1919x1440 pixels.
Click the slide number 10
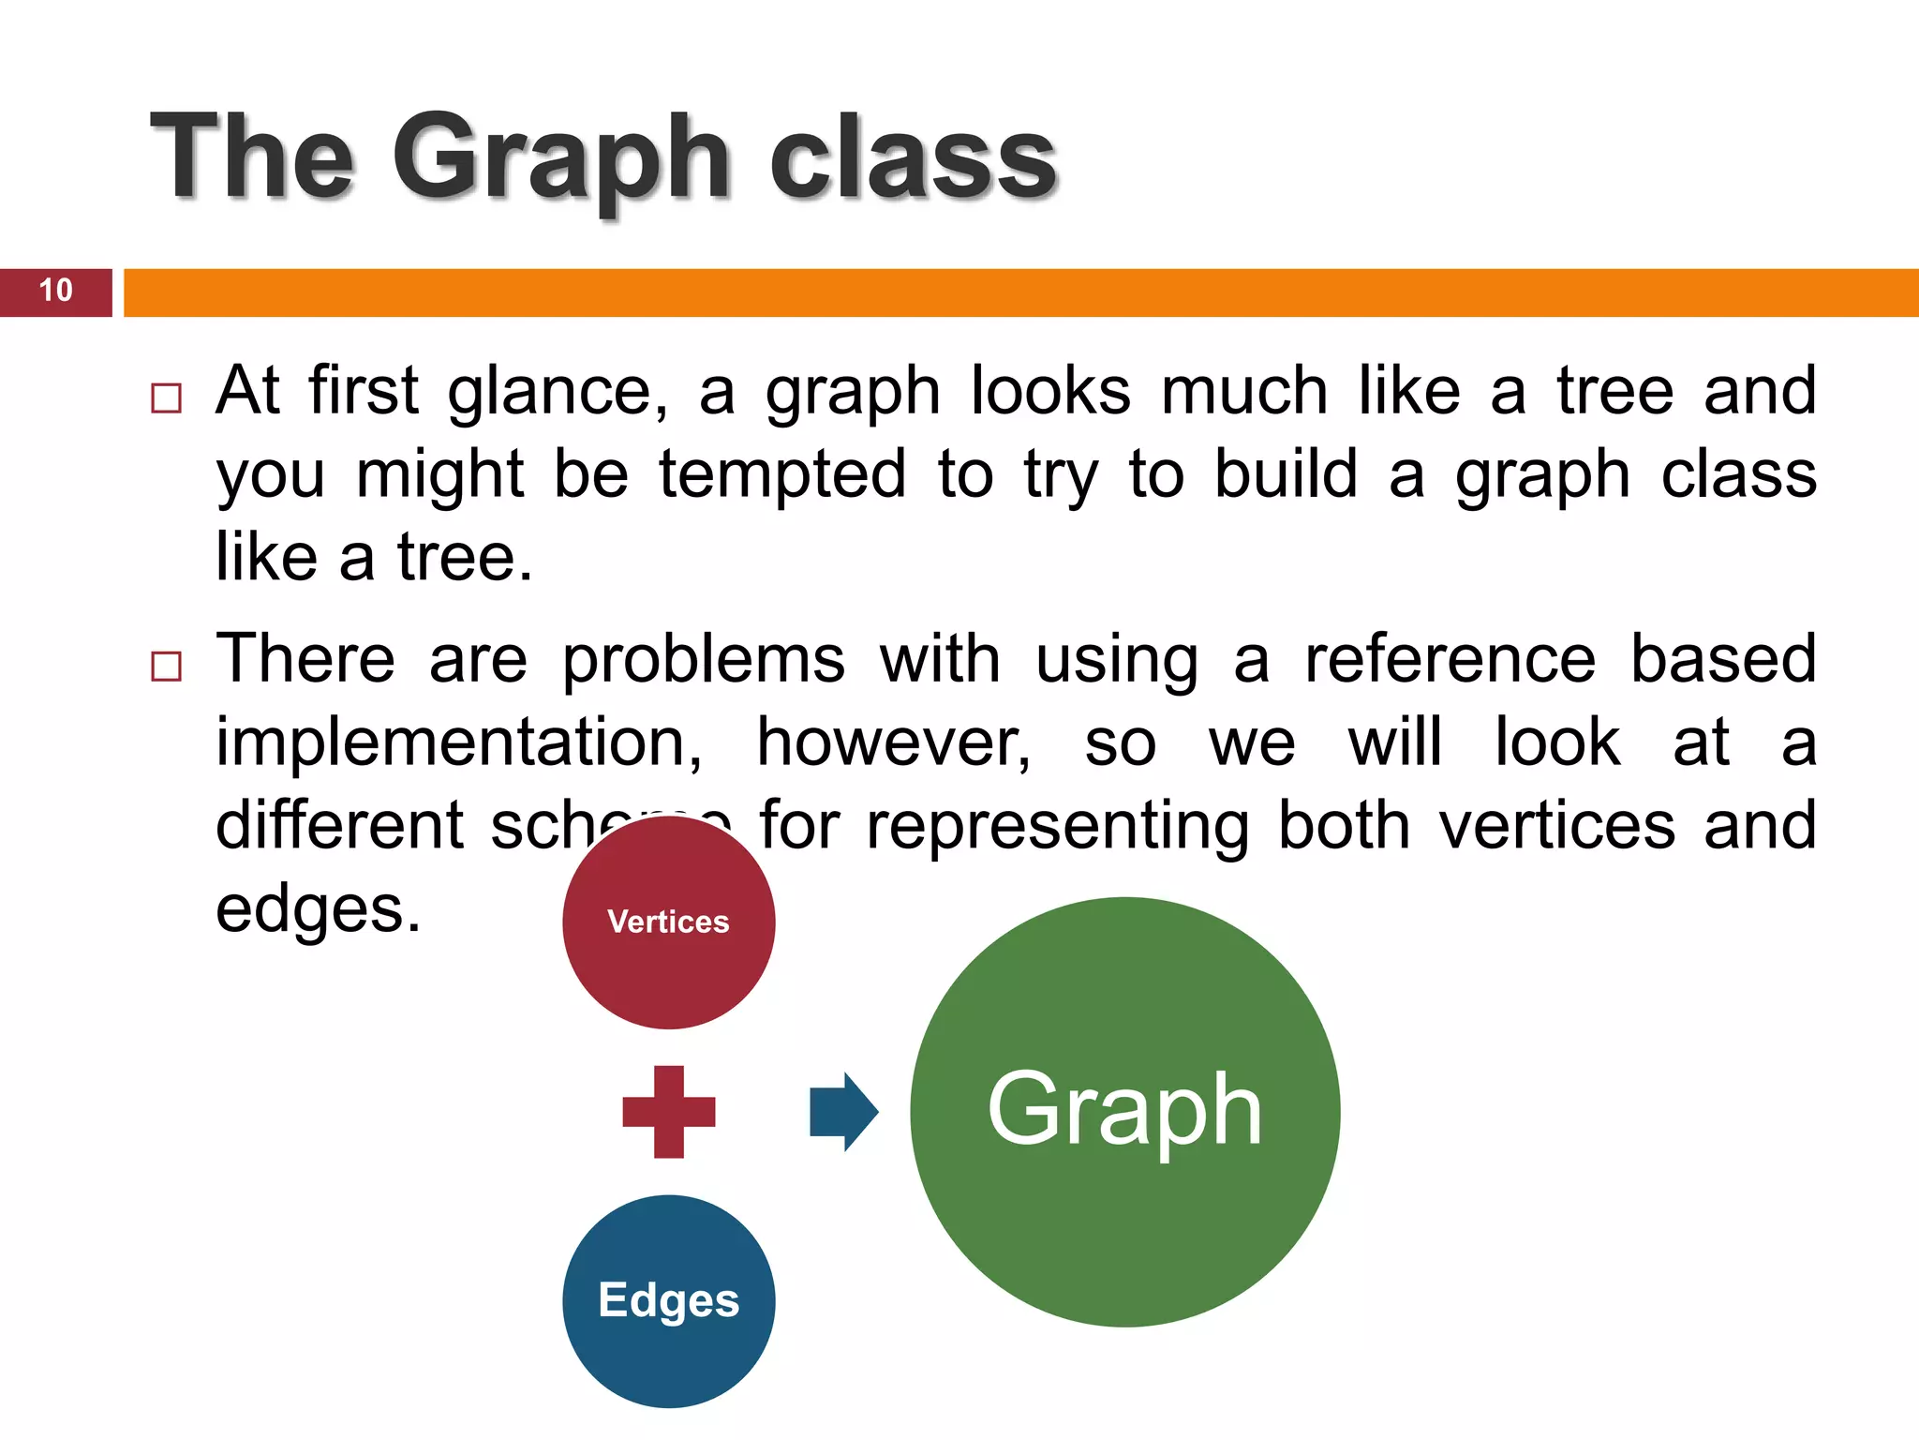pos(56,291)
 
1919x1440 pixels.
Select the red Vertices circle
pos(668,922)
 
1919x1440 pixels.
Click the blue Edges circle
pos(668,1300)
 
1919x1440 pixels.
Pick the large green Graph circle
pos(1124,1112)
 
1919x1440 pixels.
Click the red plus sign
pos(668,1112)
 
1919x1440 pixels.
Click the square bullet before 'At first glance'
pos(166,397)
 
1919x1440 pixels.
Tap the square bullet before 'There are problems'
pos(166,666)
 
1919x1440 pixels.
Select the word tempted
pos(782,474)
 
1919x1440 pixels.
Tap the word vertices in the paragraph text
pos(1557,826)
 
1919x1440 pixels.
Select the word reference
pos(1450,659)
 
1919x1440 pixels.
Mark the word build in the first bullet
pos(1286,474)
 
